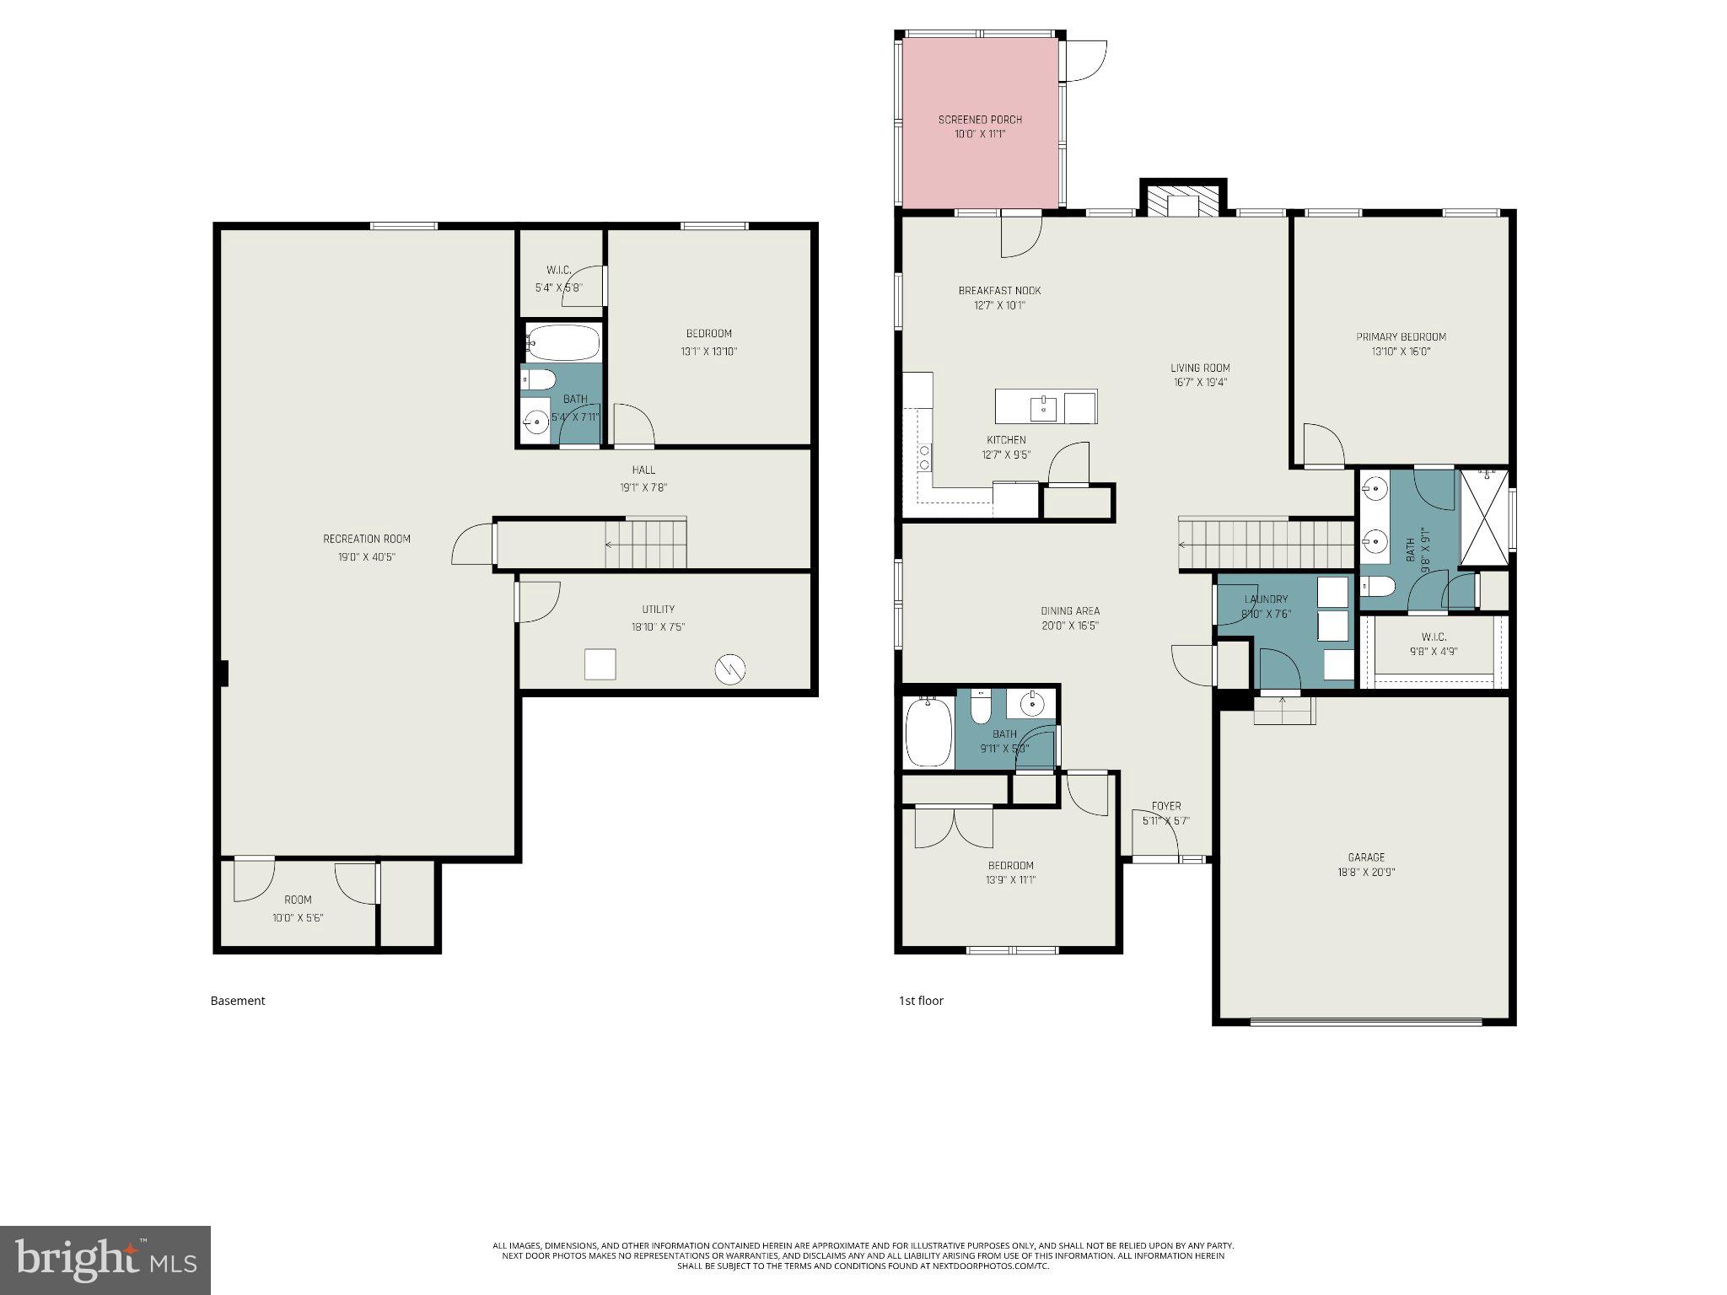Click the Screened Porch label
tap(980, 120)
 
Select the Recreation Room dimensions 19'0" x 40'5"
tap(367, 556)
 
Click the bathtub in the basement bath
tap(563, 342)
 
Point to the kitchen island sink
tap(1043, 408)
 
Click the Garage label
tap(1365, 857)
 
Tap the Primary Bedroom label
tap(1401, 336)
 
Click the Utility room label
tap(658, 609)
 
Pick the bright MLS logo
tap(105, 1260)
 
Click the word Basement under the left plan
tap(238, 1001)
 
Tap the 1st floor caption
tap(921, 1001)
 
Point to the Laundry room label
tap(1266, 599)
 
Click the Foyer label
tap(1166, 806)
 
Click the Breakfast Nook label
tap(999, 290)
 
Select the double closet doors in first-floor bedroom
tap(954, 828)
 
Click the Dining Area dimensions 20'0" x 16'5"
tap(1069, 626)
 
